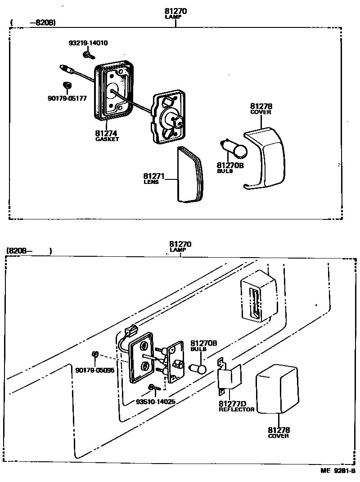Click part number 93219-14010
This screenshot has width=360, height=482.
(x=88, y=44)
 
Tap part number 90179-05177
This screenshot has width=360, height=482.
(x=67, y=98)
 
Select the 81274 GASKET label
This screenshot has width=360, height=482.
(x=107, y=135)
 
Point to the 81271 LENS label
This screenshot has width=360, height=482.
(x=154, y=179)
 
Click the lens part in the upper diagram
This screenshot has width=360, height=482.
(x=190, y=175)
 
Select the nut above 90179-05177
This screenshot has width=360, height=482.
(x=67, y=85)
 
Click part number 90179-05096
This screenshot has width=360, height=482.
(x=95, y=370)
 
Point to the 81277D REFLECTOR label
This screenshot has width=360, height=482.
(x=236, y=406)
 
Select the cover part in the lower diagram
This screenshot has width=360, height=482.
(x=277, y=389)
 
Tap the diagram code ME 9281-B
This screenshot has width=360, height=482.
(x=337, y=471)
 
